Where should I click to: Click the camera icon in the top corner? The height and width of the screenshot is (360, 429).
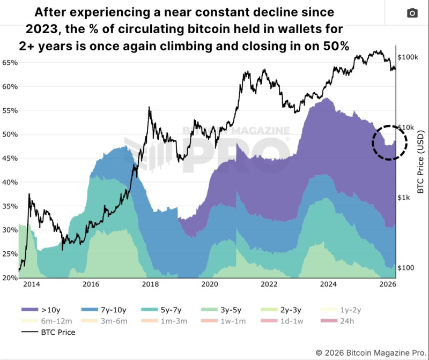[412, 13]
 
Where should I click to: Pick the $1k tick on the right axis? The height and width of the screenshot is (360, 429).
[403, 198]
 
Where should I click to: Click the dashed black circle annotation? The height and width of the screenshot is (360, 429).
[390, 142]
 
